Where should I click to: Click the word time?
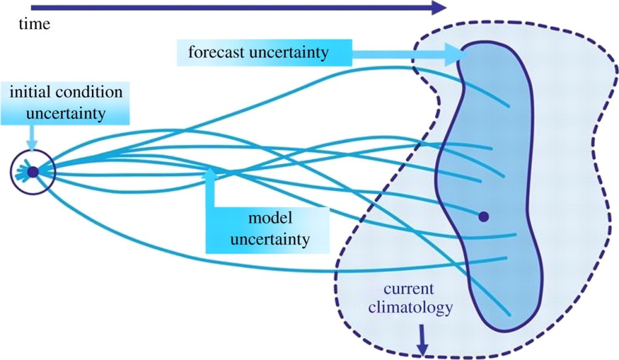pos(34,24)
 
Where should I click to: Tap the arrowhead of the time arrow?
pos(440,8)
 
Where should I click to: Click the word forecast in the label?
pos(216,53)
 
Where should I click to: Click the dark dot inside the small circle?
pos(33,172)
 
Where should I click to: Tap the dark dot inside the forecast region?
pos(483,216)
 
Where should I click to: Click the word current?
pos(417,290)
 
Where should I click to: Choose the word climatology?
pos(416,308)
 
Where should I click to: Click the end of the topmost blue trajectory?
pos(512,107)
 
